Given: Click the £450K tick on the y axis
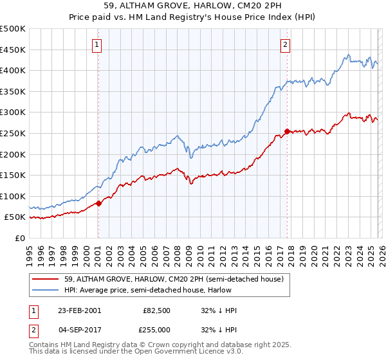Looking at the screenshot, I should click(x=13, y=50).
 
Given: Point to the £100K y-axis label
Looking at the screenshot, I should click(x=13, y=196).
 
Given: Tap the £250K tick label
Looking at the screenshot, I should click(x=13, y=133).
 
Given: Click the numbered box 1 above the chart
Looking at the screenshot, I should click(x=96, y=44).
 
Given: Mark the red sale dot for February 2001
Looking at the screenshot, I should click(x=98, y=203).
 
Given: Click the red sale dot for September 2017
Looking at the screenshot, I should click(x=287, y=131).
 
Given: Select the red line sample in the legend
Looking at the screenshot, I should click(x=46, y=278).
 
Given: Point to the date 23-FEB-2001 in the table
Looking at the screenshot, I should click(x=79, y=310).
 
